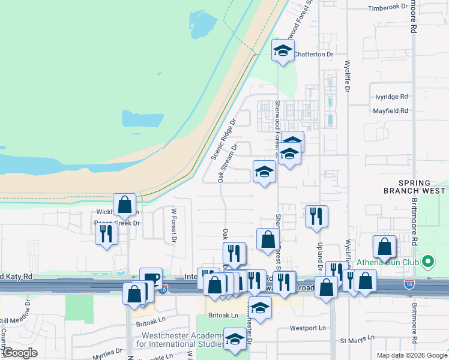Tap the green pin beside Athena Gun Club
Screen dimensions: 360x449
point(427,262)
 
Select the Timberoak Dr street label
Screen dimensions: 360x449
point(387,8)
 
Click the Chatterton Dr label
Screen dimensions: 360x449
point(313,54)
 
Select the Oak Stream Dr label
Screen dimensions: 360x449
point(229,163)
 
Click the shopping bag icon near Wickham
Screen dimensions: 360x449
point(124,205)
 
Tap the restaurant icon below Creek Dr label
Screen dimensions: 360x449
point(106,233)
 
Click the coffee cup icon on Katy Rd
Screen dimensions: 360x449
point(151,278)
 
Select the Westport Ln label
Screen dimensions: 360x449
point(307,328)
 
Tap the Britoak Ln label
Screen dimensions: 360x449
point(223,315)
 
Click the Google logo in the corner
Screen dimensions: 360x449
point(20,353)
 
